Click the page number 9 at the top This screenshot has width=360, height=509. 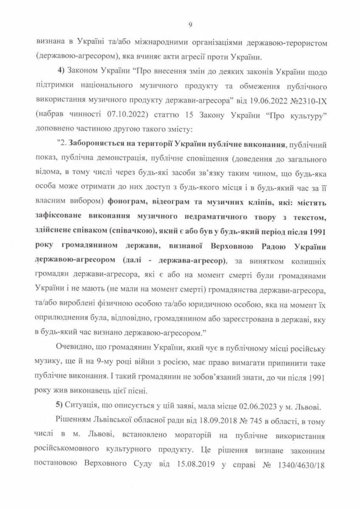click(x=190, y=25)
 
